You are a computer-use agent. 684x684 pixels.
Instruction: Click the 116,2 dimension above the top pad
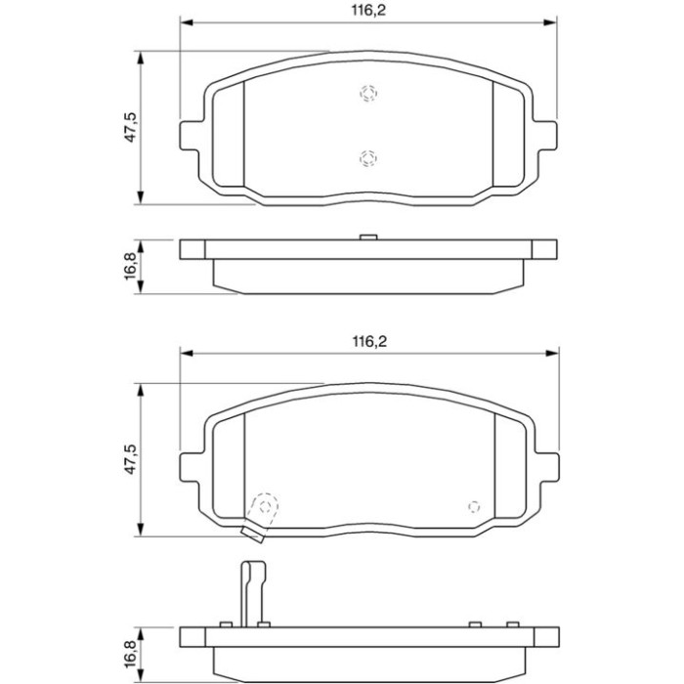(368, 11)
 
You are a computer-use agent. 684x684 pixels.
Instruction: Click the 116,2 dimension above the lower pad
(369, 342)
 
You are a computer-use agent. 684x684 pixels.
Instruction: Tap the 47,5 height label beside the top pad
(130, 127)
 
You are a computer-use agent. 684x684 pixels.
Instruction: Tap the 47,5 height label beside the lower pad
(130, 459)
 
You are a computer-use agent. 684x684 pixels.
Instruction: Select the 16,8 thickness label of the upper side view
(130, 267)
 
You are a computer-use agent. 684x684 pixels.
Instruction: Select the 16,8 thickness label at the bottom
(130, 655)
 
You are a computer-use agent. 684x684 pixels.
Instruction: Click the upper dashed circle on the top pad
(368, 93)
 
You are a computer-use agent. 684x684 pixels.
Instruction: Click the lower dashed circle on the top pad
(368, 157)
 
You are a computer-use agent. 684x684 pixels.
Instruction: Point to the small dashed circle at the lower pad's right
(474, 507)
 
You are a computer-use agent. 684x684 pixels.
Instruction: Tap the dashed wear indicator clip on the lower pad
(262, 517)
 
